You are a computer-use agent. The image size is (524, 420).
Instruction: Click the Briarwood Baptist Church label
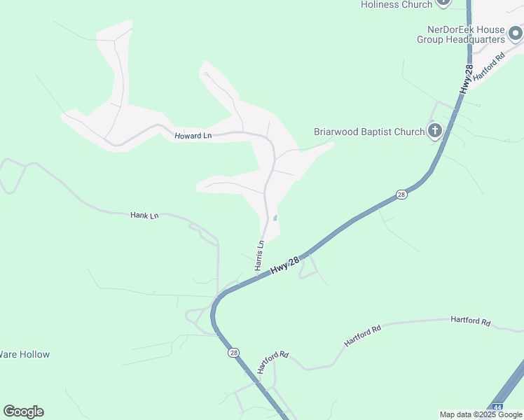[x=368, y=132]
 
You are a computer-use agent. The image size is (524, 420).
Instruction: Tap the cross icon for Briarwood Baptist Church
[x=435, y=130]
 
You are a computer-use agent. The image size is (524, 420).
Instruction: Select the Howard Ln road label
[x=193, y=135]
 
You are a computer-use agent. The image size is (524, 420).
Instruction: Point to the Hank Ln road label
[x=144, y=216]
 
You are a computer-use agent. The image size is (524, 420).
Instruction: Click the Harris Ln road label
[x=259, y=255]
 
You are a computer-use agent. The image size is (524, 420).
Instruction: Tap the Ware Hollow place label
[x=25, y=354]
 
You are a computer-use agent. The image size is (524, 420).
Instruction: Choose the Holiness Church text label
[x=397, y=4]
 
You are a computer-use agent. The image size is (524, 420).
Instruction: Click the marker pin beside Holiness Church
[x=443, y=2]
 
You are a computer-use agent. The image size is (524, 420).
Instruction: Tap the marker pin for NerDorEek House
[x=516, y=33]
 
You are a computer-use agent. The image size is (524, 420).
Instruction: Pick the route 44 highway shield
[x=497, y=407]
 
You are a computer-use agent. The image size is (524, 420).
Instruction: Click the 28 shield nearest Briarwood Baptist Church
[x=401, y=195]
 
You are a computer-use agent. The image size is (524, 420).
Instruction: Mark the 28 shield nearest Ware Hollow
[x=233, y=353]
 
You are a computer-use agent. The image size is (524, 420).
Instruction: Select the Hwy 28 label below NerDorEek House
[x=467, y=79]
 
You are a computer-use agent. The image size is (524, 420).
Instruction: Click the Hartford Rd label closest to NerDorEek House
[x=489, y=68]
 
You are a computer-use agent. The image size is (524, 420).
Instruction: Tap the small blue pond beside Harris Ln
[x=275, y=218]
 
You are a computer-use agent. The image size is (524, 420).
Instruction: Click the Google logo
[x=23, y=412]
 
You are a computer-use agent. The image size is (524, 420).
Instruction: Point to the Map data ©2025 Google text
[x=480, y=414]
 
